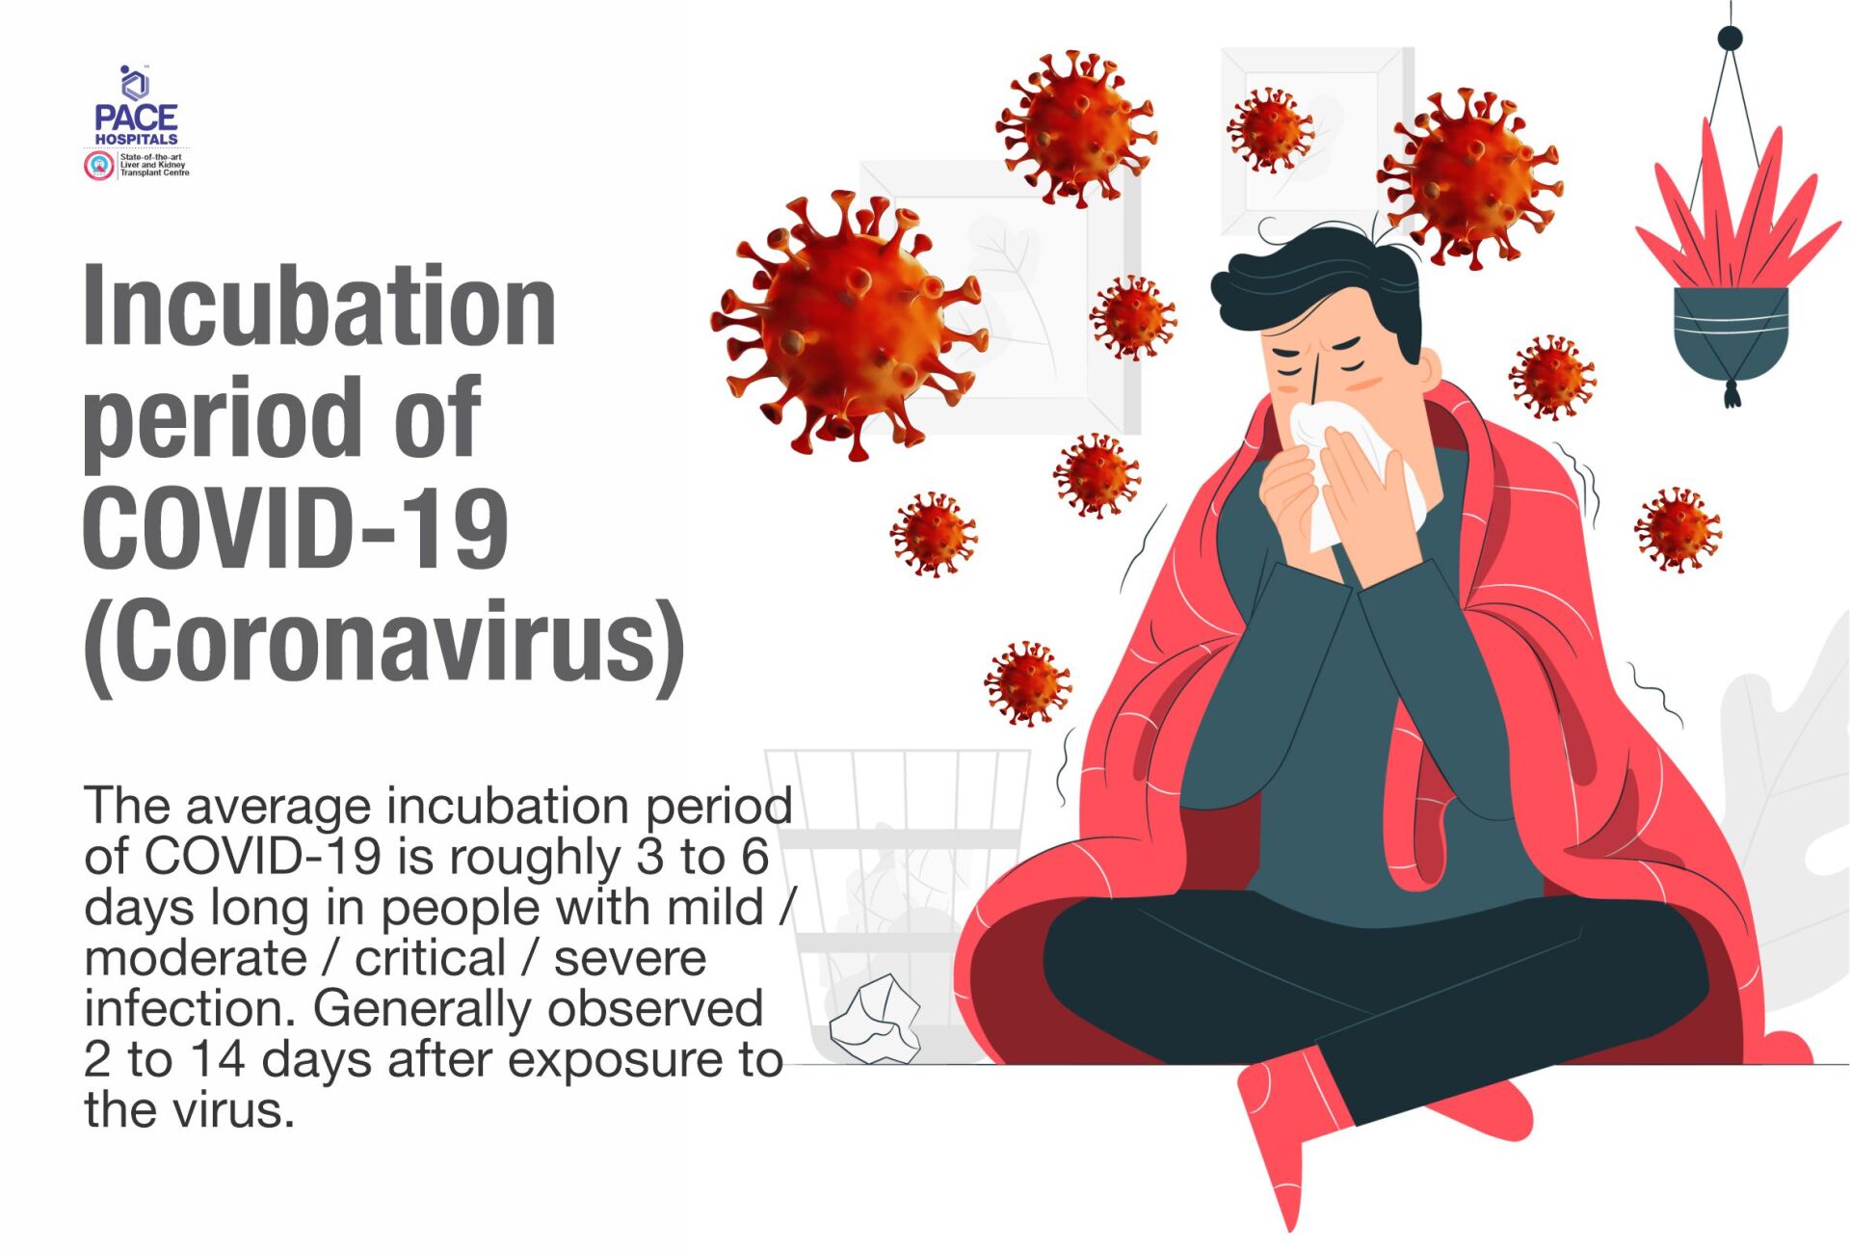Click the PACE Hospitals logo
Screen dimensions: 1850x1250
(x=137, y=121)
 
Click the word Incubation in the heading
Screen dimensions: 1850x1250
(x=319, y=306)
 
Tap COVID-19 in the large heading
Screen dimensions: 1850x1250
(x=296, y=527)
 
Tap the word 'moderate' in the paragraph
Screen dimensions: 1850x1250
(x=196, y=959)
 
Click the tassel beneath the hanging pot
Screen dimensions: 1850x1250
(x=1731, y=394)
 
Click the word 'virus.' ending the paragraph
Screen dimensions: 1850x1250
(x=232, y=1110)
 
